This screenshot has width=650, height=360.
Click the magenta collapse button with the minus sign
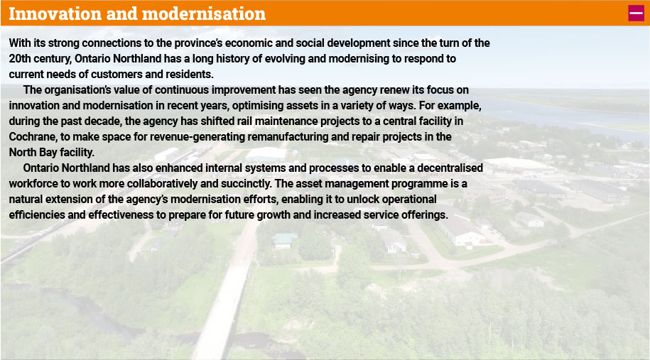coord(636,13)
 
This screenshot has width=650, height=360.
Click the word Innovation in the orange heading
coord(55,13)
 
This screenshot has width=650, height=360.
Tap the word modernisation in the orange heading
coord(204,13)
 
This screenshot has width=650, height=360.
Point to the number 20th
coord(20,59)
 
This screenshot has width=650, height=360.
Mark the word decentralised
coord(450,168)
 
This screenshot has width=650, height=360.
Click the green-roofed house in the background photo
coord(285,240)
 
